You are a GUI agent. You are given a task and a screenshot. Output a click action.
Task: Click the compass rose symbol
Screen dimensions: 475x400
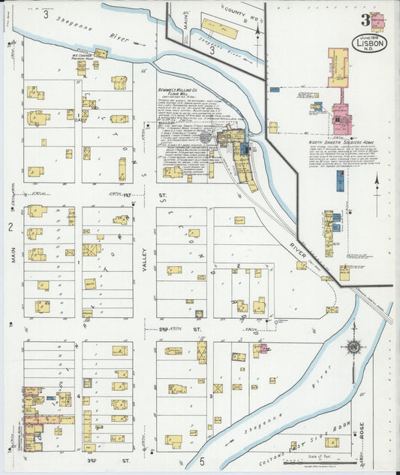tap(353, 347)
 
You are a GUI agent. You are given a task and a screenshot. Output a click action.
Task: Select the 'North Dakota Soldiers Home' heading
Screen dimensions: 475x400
tap(341, 141)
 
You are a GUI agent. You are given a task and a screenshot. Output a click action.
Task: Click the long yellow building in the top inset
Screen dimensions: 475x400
tap(219, 29)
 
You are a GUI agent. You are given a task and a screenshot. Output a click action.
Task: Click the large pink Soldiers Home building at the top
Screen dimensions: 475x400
tap(337, 67)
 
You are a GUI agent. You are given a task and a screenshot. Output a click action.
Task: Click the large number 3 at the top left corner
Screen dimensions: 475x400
tap(46, 14)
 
